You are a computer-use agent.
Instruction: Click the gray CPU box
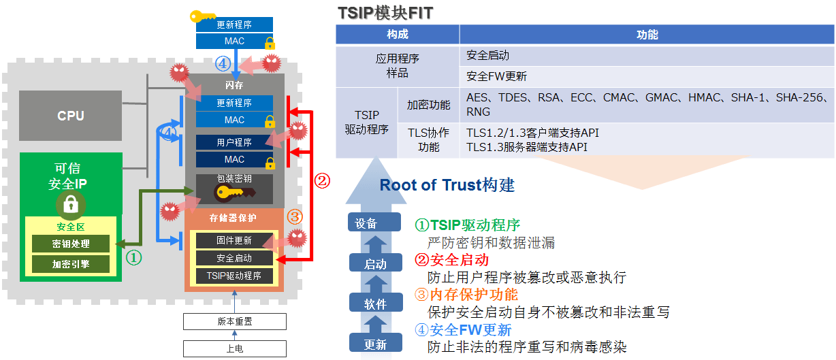[70, 116]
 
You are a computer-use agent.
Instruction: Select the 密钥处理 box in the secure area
[70, 243]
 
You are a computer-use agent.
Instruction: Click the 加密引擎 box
[70, 263]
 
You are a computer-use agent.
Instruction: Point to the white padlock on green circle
[70, 203]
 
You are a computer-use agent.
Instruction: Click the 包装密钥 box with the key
[234, 189]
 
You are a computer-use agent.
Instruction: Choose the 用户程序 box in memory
[234, 142]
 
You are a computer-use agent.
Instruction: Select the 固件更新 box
[234, 240]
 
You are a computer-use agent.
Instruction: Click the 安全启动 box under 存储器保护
[234, 258]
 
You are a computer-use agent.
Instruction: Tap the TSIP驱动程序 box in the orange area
[234, 276]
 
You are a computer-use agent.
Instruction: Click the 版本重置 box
[234, 321]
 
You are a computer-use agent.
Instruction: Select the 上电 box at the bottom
[234, 348]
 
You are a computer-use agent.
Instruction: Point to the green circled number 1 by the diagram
[135, 257]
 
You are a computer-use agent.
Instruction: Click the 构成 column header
[397, 35]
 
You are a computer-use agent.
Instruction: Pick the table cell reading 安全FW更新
[496, 76]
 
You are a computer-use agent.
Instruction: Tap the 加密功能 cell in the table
[428, 105]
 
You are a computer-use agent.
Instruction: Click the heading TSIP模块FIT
[385, 13]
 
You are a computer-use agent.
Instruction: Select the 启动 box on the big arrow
[375, 264]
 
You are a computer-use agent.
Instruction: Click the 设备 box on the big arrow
[366, 223]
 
